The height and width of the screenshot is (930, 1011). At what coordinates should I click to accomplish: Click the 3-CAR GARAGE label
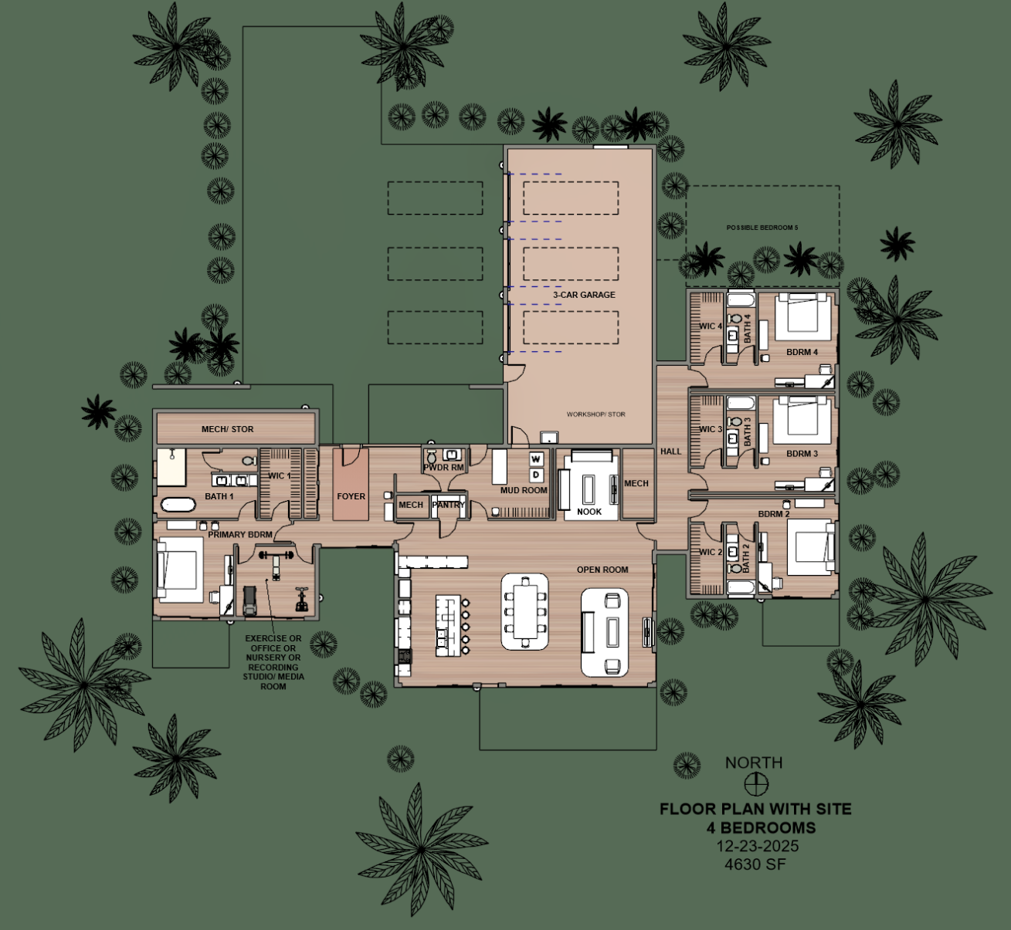(584, 295)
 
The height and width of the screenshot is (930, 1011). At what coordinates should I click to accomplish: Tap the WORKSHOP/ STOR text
(595, 414)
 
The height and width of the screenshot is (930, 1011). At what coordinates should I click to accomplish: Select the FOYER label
(351, 496)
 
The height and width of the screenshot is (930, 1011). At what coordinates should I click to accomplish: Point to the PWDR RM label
(443, 468)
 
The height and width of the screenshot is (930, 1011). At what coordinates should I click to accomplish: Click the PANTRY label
(448, 505)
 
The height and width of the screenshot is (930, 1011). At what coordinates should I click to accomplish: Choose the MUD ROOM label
(524, 490)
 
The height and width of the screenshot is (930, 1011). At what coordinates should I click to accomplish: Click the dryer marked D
(535, 474)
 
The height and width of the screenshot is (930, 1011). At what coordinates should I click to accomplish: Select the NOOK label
(589, 512)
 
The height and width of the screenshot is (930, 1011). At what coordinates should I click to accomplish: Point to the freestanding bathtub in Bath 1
(178, 506)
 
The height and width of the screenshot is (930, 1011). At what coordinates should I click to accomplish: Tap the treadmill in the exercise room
(250, 600)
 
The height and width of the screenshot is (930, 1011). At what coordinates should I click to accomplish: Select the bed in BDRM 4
(802, 316)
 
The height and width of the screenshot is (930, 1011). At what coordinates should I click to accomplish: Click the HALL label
(670, 451)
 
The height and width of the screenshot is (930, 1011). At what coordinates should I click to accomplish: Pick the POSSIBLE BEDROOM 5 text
(762, 228)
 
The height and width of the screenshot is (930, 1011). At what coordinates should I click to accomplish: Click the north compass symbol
(755, 784)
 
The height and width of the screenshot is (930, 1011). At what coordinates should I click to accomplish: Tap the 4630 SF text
(755, 864)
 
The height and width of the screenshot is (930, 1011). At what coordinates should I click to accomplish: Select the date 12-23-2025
(757, 846)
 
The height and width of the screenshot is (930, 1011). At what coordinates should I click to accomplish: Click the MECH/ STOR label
(227, 429)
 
